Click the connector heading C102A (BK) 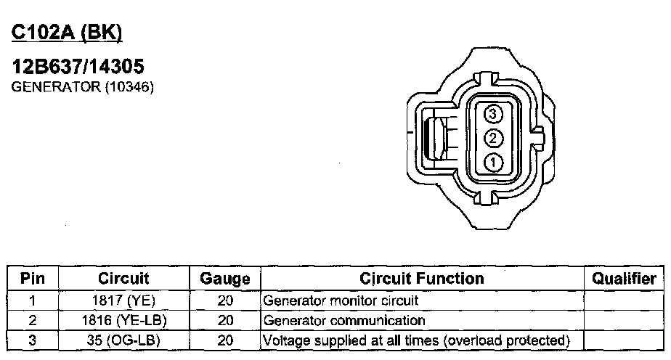(x=67, y=33)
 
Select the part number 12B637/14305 (x=78, y=67)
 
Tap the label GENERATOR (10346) (x=82, y=87)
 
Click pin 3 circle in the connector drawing (x=493, y=114)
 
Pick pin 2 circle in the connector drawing (x=493, y=138)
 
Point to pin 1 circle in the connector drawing (x=493, y=163)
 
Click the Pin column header (x=33, y=278)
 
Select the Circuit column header (x=123, y=278)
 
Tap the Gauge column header (x=225, y=279)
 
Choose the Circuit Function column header (x=422, y=278)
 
